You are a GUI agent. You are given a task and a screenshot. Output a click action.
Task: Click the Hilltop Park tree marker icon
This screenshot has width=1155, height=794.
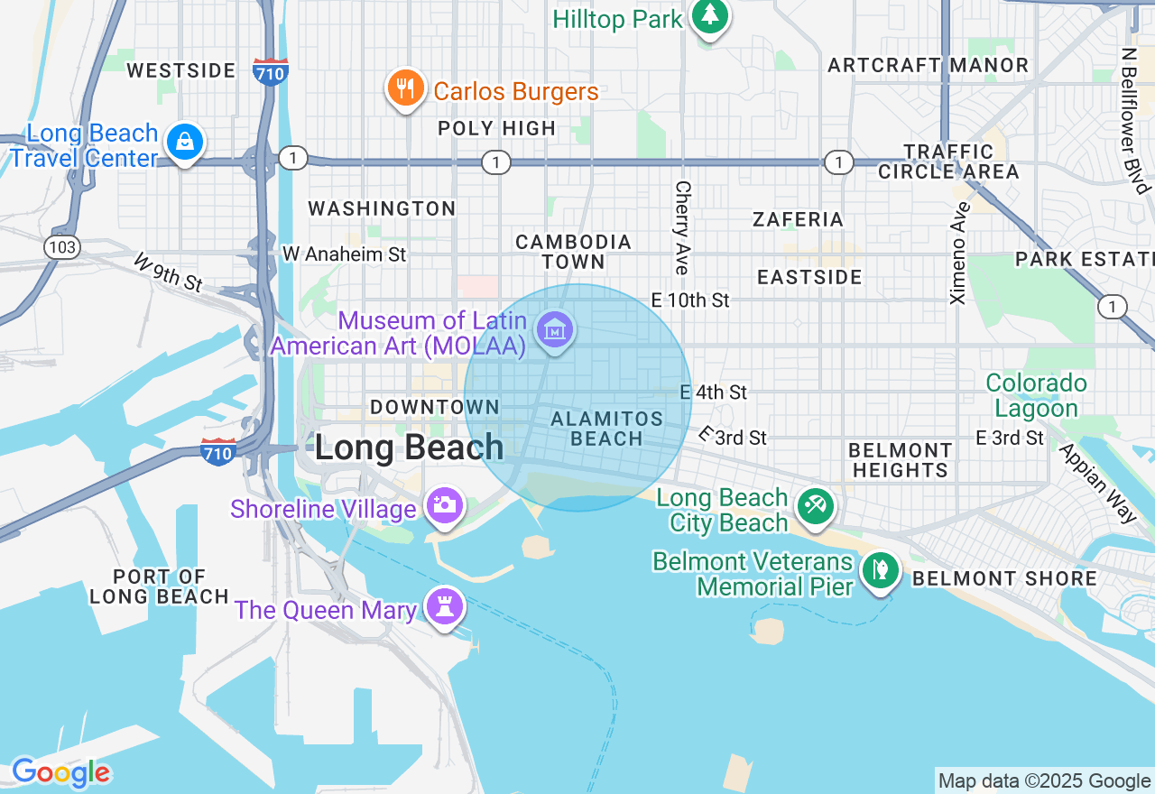pyautogui.click(x=710, y=16)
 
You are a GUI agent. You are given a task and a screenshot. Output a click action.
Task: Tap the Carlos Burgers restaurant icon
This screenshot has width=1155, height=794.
pyautogui.click(x=406, y=88)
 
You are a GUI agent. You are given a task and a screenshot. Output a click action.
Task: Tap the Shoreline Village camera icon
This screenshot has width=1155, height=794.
pyautogui.click(x=444, y=505)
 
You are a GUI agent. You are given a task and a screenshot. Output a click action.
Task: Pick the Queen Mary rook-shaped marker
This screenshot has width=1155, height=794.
pyautogui.click(x=444, y=607)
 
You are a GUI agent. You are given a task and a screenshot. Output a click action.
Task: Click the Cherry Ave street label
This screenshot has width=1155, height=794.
pyautogui.click(x=682, y=227)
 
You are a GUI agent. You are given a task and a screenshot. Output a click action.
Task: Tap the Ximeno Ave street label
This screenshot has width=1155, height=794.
pyautogui.click(x=959, y=253)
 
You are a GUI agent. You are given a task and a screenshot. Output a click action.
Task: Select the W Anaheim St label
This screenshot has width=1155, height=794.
pyautogui.click(x=344, y=254)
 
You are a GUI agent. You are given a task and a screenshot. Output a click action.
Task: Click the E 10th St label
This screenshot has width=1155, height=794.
pyautogui.click(x=690, y=300)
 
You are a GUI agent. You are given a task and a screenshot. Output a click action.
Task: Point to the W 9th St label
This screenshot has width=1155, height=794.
pyautogui.click(x=168, y=273)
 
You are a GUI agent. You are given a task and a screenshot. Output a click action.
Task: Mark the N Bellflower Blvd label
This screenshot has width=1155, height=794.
pyautogui.click(x=1136, y=121)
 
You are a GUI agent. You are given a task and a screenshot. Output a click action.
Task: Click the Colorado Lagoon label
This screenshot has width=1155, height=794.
pyautogui.click(x=1036, y=396)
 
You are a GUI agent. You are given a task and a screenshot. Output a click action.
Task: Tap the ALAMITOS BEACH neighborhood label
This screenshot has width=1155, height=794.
pyautogui.click(x=606, y=429)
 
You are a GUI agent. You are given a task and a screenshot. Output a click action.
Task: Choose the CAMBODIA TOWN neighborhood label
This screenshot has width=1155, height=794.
pyautogui.click(x=573, y=252)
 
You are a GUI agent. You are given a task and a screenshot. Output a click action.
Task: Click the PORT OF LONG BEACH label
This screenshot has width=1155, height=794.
pyautogui.click(x=159, y=586)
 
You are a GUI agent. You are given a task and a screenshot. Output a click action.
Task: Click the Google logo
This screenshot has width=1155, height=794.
pyautogui.click(x=60, y=772)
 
